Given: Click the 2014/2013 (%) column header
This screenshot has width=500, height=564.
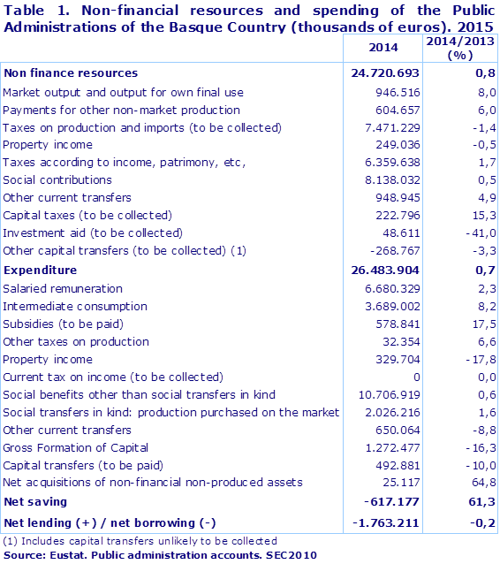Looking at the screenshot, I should [459, 48].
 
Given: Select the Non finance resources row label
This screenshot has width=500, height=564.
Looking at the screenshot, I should [71, 73].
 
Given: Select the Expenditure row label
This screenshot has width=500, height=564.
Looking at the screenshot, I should [40, 270].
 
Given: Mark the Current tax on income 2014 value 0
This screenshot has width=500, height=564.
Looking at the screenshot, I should [414, 377].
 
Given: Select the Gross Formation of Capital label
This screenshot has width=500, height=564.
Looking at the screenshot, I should [76, 448].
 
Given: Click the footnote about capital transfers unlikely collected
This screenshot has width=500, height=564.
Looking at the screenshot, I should [140, 540].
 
